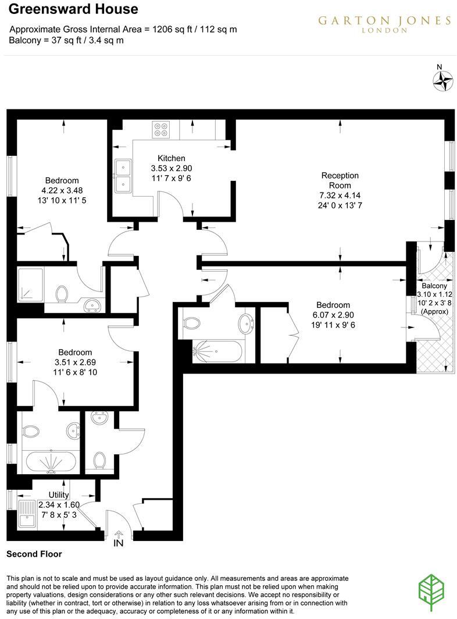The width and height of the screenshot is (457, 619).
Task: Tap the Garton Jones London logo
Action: [384, 23]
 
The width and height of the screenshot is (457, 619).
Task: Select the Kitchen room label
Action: [172, 158]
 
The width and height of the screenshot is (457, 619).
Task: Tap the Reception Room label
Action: [340, 180]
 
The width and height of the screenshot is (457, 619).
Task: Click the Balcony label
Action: [434, 286]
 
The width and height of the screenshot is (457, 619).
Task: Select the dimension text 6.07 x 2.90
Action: [333, 315]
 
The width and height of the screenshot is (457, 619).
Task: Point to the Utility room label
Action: [59, 495]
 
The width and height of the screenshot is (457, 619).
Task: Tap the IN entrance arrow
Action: [119, 536]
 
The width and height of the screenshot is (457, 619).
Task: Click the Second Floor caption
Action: [34, 554]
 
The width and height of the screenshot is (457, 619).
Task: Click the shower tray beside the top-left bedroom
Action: [31, 283]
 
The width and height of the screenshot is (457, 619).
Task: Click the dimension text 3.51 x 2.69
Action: [75, 362]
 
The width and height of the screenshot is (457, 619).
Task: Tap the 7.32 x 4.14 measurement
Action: [340, 195]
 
